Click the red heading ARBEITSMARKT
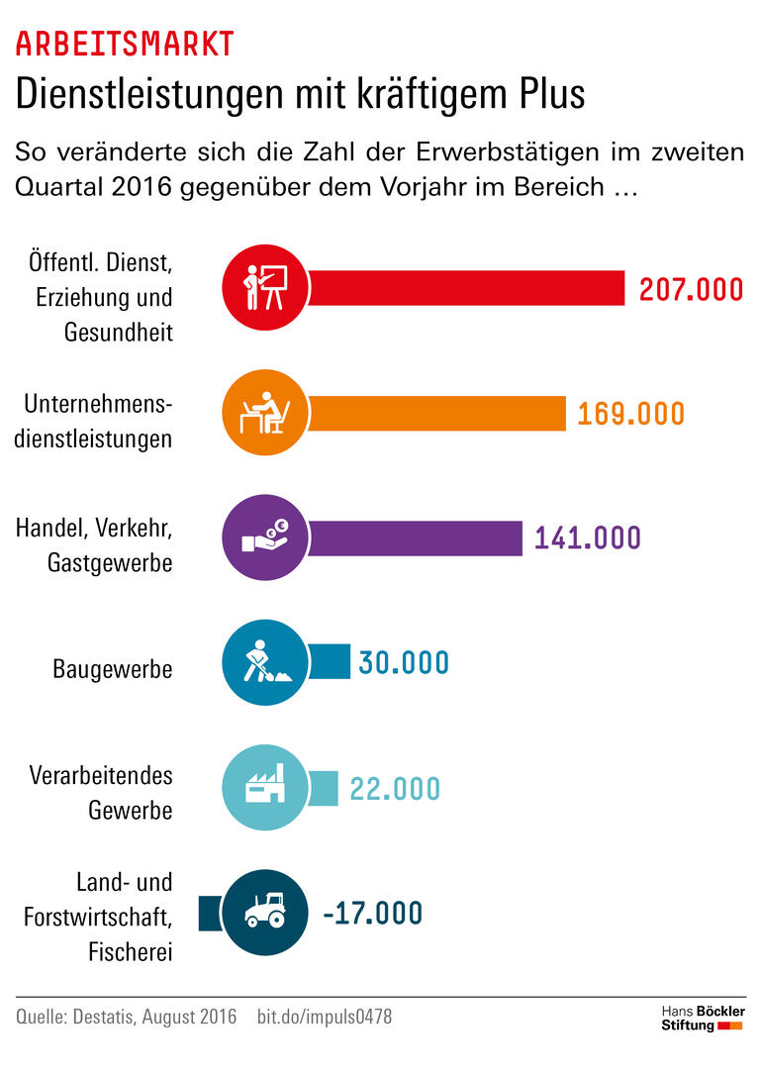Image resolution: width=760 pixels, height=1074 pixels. [125, 44]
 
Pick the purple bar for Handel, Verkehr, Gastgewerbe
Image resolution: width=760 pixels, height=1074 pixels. [416, 537]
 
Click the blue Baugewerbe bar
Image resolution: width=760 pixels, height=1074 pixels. [331, 661]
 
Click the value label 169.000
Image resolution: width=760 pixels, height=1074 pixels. [630, 414]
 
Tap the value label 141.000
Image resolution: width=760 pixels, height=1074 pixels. [588, 537]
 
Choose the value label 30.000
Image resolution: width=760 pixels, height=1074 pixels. [404, 662]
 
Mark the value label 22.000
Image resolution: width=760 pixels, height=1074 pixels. [395, 788]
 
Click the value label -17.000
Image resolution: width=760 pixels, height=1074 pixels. [372, 913]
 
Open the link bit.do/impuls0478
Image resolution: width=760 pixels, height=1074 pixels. [324, 1017]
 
